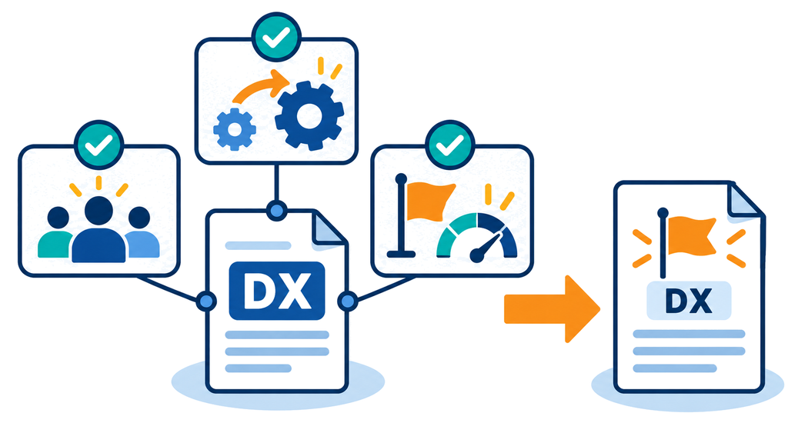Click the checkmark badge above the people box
click(x=99, y=145)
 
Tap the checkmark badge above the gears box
click(x=276, y=37)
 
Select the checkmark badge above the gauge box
click(x=449, y=145)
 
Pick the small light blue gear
click(x=234, y=129)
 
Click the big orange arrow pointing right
click(x=552, y=309)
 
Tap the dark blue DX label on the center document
click(x=277, y=291)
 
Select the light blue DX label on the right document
click(x=689, y=301)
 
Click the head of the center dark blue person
click(x=99, y=211)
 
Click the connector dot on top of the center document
click(x=276, y=211)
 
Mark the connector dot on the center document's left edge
click(x=206, y=301)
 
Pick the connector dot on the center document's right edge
click(x=347, y=301)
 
